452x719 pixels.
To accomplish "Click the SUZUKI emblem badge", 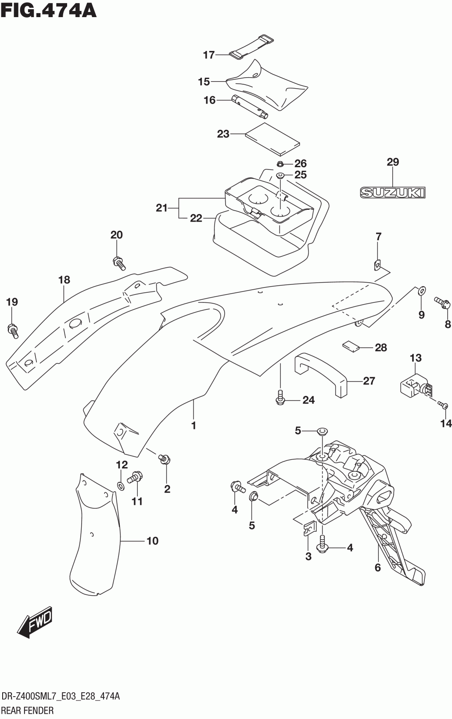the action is (392, 193).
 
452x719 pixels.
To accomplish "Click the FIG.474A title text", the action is (48, 11).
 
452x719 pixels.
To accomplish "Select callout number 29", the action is (393, 162).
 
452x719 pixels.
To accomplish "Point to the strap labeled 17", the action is (251, 47).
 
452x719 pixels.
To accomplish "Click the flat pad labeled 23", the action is (273, 139).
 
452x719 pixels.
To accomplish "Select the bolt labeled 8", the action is (443, 302).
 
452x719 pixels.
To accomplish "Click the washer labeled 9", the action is (421, 291).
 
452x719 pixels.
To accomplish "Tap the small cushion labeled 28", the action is (351, 346).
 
